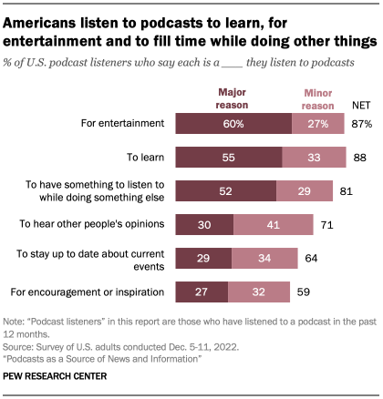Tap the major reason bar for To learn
[227, 156]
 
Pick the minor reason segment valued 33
[313, 156]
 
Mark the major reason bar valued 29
[202, 259]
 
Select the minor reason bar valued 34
[264, 259]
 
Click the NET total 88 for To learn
[358, 156]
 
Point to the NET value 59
[304, 292]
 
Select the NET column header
[361, 104]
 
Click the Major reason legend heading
[233, 97]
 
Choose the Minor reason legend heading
[317, 97]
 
